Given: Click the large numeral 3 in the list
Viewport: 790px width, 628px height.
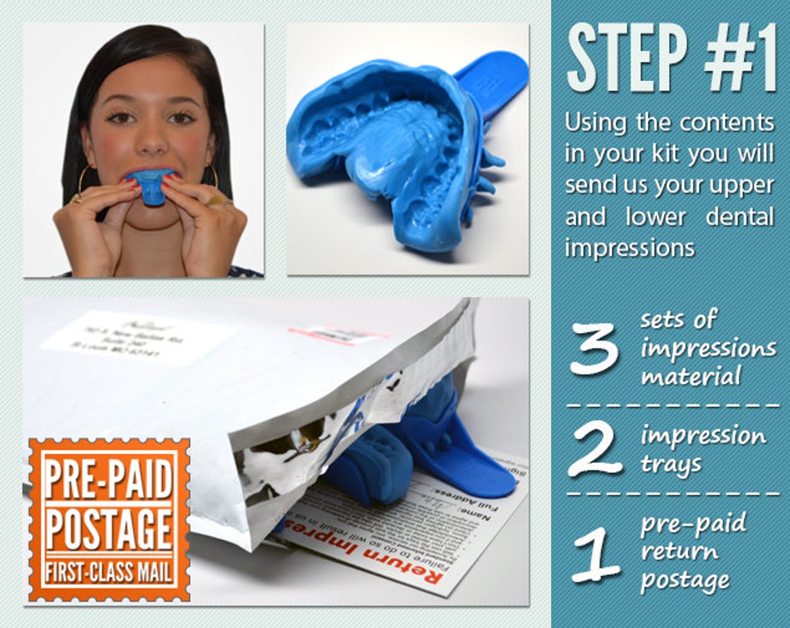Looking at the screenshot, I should point(594,348).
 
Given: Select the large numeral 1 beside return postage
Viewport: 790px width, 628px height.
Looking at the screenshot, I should point(595,553).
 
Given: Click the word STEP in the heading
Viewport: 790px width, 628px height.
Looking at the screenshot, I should point(627,58).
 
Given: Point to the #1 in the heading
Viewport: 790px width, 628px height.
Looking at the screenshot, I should point(739,58).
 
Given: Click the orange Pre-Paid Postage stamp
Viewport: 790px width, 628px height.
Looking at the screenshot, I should point(109,519).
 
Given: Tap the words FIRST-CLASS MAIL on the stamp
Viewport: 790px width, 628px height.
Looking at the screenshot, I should point(109,573).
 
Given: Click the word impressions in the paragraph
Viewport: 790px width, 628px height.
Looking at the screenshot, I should point(629,248).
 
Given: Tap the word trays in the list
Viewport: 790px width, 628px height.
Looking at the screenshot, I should point(671,464).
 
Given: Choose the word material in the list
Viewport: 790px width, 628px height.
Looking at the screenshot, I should point(691,377).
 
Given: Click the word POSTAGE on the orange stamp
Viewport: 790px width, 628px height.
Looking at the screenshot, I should point(109,530).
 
